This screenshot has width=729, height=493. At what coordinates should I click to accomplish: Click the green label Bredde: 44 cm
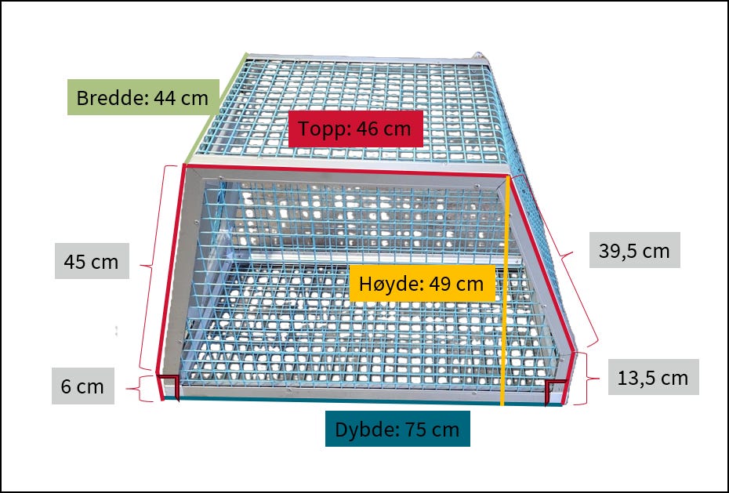143,97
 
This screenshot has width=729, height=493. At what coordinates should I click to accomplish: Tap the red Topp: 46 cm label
356,129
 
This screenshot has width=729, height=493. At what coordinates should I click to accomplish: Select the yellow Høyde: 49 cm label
422,283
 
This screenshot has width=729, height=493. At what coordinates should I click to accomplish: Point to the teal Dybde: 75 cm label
397,429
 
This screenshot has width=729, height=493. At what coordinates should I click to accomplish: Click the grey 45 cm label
92,261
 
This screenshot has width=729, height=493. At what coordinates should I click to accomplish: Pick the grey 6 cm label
83,386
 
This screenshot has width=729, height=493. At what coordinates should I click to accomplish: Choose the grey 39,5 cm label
635,250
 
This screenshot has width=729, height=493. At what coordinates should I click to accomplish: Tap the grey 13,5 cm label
653,377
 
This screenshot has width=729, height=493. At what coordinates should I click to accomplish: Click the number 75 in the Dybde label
414,429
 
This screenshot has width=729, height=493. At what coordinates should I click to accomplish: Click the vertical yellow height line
506,291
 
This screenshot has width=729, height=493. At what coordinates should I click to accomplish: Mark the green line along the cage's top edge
216,108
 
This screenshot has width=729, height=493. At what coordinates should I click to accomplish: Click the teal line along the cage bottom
363,401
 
